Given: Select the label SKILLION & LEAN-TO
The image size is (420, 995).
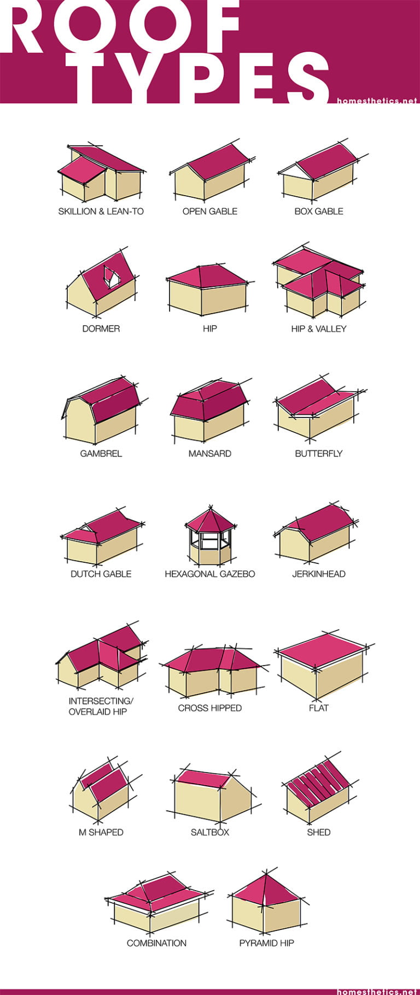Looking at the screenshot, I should click(x=101, y=211).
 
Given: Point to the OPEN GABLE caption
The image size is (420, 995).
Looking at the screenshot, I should click(x=209, y=211).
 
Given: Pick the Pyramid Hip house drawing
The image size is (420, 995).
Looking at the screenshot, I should click(x=266, y=902).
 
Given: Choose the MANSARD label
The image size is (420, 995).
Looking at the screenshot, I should click(x=209, y=454).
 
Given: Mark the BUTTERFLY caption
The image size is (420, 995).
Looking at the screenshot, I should click(x=318, y=454).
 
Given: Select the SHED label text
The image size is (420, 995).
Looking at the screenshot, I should click(x=318, y=832).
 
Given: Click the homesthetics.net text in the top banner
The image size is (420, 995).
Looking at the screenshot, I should click(x=377, y=101).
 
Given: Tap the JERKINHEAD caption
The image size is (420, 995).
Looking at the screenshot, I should click(x=318, y=574).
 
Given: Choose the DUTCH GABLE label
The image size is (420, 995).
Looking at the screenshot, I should click(x=101, y=574).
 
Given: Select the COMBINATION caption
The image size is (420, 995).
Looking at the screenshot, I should click(x=156, y=943).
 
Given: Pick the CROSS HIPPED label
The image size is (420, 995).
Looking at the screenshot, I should click(x=209, y=708).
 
